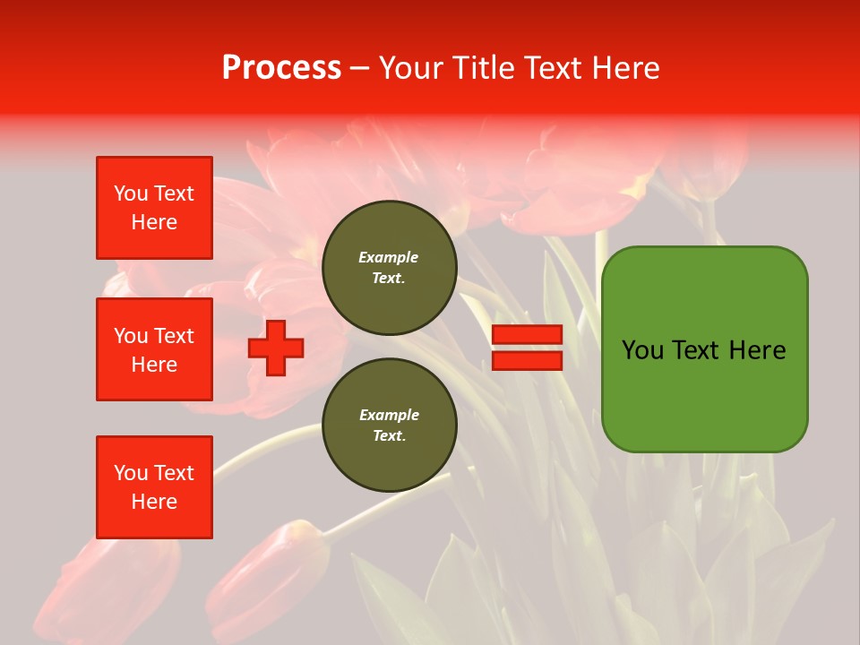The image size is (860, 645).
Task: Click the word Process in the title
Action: [x=281, y=68]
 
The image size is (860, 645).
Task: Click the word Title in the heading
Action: [x=487, y=68]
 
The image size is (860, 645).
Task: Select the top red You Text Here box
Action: [x=154, y=208]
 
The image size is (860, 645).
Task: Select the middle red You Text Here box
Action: [x=154, y=349]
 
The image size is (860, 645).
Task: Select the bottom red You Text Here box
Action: [x=154, y=487]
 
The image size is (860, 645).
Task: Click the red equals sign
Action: [x=527, y=348]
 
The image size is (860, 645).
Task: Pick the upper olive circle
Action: [x=390, y=268]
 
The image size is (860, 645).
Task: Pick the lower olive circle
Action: [x=390, y=426]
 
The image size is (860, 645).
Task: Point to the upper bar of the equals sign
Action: [x=527, y=335]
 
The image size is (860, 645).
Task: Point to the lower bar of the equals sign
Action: [x=527, y=360]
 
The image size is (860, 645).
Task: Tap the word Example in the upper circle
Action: [x=388, y=257]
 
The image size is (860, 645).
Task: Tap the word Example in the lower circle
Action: [x=389, y=415]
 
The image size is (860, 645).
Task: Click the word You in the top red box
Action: [x=131, y=193]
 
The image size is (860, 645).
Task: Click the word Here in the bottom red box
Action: [x=154, y=502]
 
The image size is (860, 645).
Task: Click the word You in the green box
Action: [x=642, y=350]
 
